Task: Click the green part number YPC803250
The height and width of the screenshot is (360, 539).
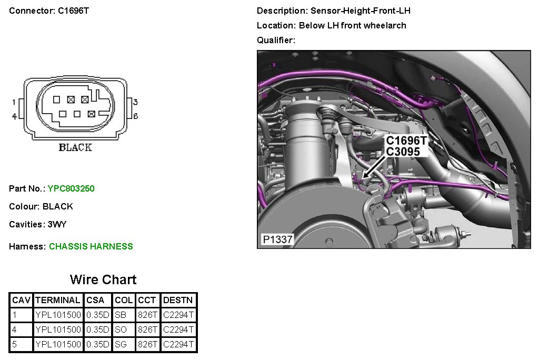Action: click(71, 188)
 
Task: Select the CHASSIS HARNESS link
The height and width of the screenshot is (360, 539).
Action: click(91, 246)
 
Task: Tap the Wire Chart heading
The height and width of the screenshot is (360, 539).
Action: click(103, 279)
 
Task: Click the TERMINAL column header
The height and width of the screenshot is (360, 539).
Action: click(58, 301)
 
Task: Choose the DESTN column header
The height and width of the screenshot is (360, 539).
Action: click(178, 301)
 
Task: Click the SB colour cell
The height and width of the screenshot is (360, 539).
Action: click(120, 315)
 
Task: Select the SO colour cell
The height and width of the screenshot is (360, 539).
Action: click(120, 330)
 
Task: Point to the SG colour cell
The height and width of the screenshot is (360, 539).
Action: click(120, 345)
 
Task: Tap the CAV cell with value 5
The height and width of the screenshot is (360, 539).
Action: click(15, 345)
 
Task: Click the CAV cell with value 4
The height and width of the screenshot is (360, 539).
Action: click(15, 330)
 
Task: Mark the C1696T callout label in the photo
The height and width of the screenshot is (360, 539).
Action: click(406, 141)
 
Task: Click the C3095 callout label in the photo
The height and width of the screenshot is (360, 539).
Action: click(403, 152)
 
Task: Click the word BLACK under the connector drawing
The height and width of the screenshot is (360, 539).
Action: click(75, 147)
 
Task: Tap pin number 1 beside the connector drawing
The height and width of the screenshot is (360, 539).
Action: click(14, 102)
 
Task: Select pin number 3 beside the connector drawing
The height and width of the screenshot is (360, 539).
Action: click(135, 102)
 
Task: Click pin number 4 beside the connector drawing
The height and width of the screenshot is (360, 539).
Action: click(14, 116)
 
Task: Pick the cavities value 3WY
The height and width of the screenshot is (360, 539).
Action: click(57, 224)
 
